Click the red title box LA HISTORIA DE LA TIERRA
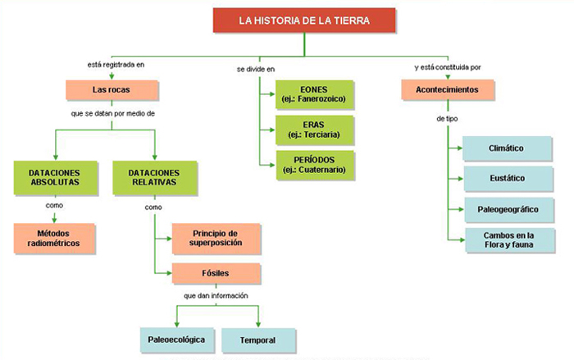tap(304, 21)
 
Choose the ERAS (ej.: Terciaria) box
tap(312, 129)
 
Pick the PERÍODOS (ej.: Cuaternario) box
tap(312, 164)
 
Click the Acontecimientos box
tap(449, 89)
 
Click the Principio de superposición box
tap(216, 237)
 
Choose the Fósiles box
tap(216, 273)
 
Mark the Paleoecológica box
tap(176, 339)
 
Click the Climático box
tap(505, 148)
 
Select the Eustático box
tap(505, 179)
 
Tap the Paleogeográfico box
tap(505, 208)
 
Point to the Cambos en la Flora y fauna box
tap(505, 239)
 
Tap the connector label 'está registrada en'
tap(113, 64)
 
